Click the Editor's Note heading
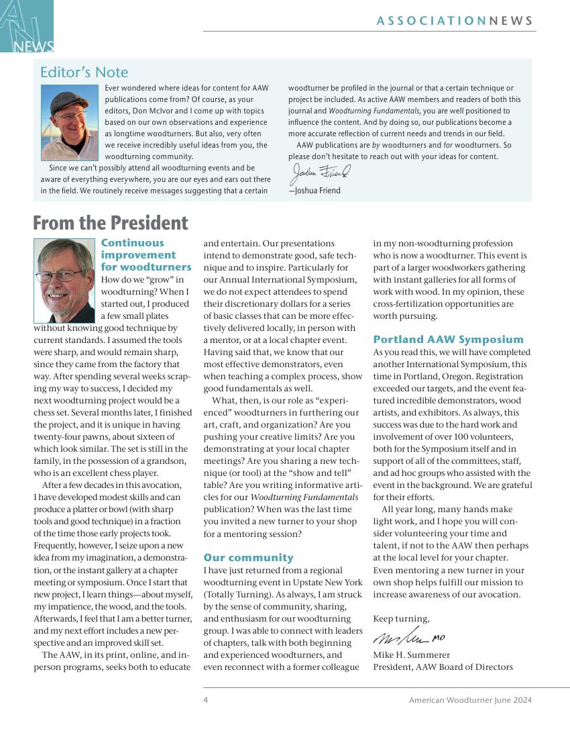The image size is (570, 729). click(84, 72)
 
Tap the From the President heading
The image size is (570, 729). click(111, 223)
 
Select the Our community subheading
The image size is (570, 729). click(248, 558)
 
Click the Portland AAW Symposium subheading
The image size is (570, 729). click(448, 340)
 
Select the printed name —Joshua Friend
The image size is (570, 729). click(315, 191)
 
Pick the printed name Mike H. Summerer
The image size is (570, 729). click(411, 655)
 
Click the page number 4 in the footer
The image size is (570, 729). click(206, 700)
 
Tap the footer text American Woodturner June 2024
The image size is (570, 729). click(470, 700)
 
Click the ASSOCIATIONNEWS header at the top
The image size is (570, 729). click(455, 21)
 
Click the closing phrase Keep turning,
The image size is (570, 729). click(401, 619)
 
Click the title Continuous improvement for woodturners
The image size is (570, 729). click(146, 255)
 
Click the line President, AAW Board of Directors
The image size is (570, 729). click(443, 667)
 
